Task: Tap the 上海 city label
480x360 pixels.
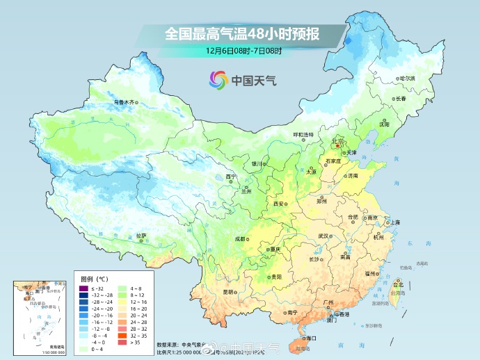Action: point(395,222)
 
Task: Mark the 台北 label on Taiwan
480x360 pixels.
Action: point(398,285)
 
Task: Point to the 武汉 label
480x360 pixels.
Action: point(323,236)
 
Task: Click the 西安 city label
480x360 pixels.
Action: point(279,204)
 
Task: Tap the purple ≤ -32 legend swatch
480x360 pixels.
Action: point(83,288)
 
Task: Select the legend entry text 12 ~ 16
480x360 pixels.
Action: point(138,302)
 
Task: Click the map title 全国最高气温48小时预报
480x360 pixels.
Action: point(241,33)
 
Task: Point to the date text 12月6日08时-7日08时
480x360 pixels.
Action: point(243,51)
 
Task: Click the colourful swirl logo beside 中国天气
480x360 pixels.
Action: point(218,81)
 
